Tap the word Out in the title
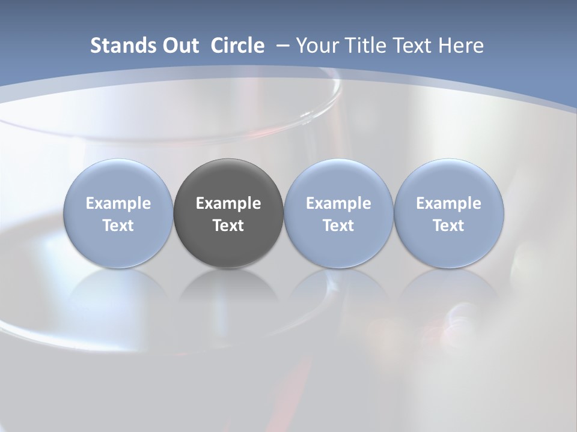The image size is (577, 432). pos(179,46)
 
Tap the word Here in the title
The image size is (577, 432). pos(461,46)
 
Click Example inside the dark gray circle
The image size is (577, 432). pos(228,203)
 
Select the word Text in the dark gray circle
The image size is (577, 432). pos(228,226)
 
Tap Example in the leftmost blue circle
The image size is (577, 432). pos(118,203)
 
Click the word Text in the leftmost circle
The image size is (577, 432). pos(118,226)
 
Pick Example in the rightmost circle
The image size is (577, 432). pos(448,203)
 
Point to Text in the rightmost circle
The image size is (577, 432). pos(448,226)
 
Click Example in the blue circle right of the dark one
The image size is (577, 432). pos(338,203)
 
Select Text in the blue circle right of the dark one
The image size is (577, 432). pos(338,226)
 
